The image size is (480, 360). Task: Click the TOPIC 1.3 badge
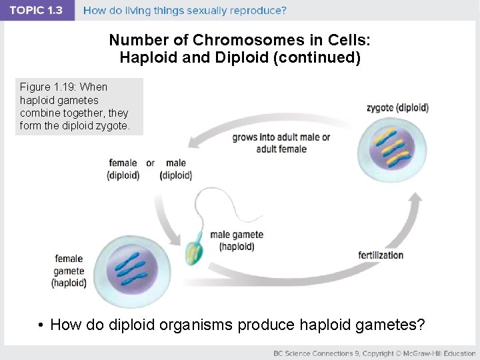(37, 11)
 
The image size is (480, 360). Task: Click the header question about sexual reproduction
(185, 11)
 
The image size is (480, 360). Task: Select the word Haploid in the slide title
(146, 57)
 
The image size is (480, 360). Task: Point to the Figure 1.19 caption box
(79, 107)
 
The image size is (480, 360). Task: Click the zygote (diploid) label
(397, 107)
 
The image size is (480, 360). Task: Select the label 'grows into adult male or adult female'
(281, 143)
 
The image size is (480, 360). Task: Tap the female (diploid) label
(123, 169)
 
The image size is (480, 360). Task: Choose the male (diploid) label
(176, 169)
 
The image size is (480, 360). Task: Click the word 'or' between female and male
(150, 163)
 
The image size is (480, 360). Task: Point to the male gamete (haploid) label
(237, 241)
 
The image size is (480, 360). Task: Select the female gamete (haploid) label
(69, 271)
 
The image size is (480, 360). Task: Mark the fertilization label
(381, 255)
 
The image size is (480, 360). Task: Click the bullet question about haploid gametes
(231, 325)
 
